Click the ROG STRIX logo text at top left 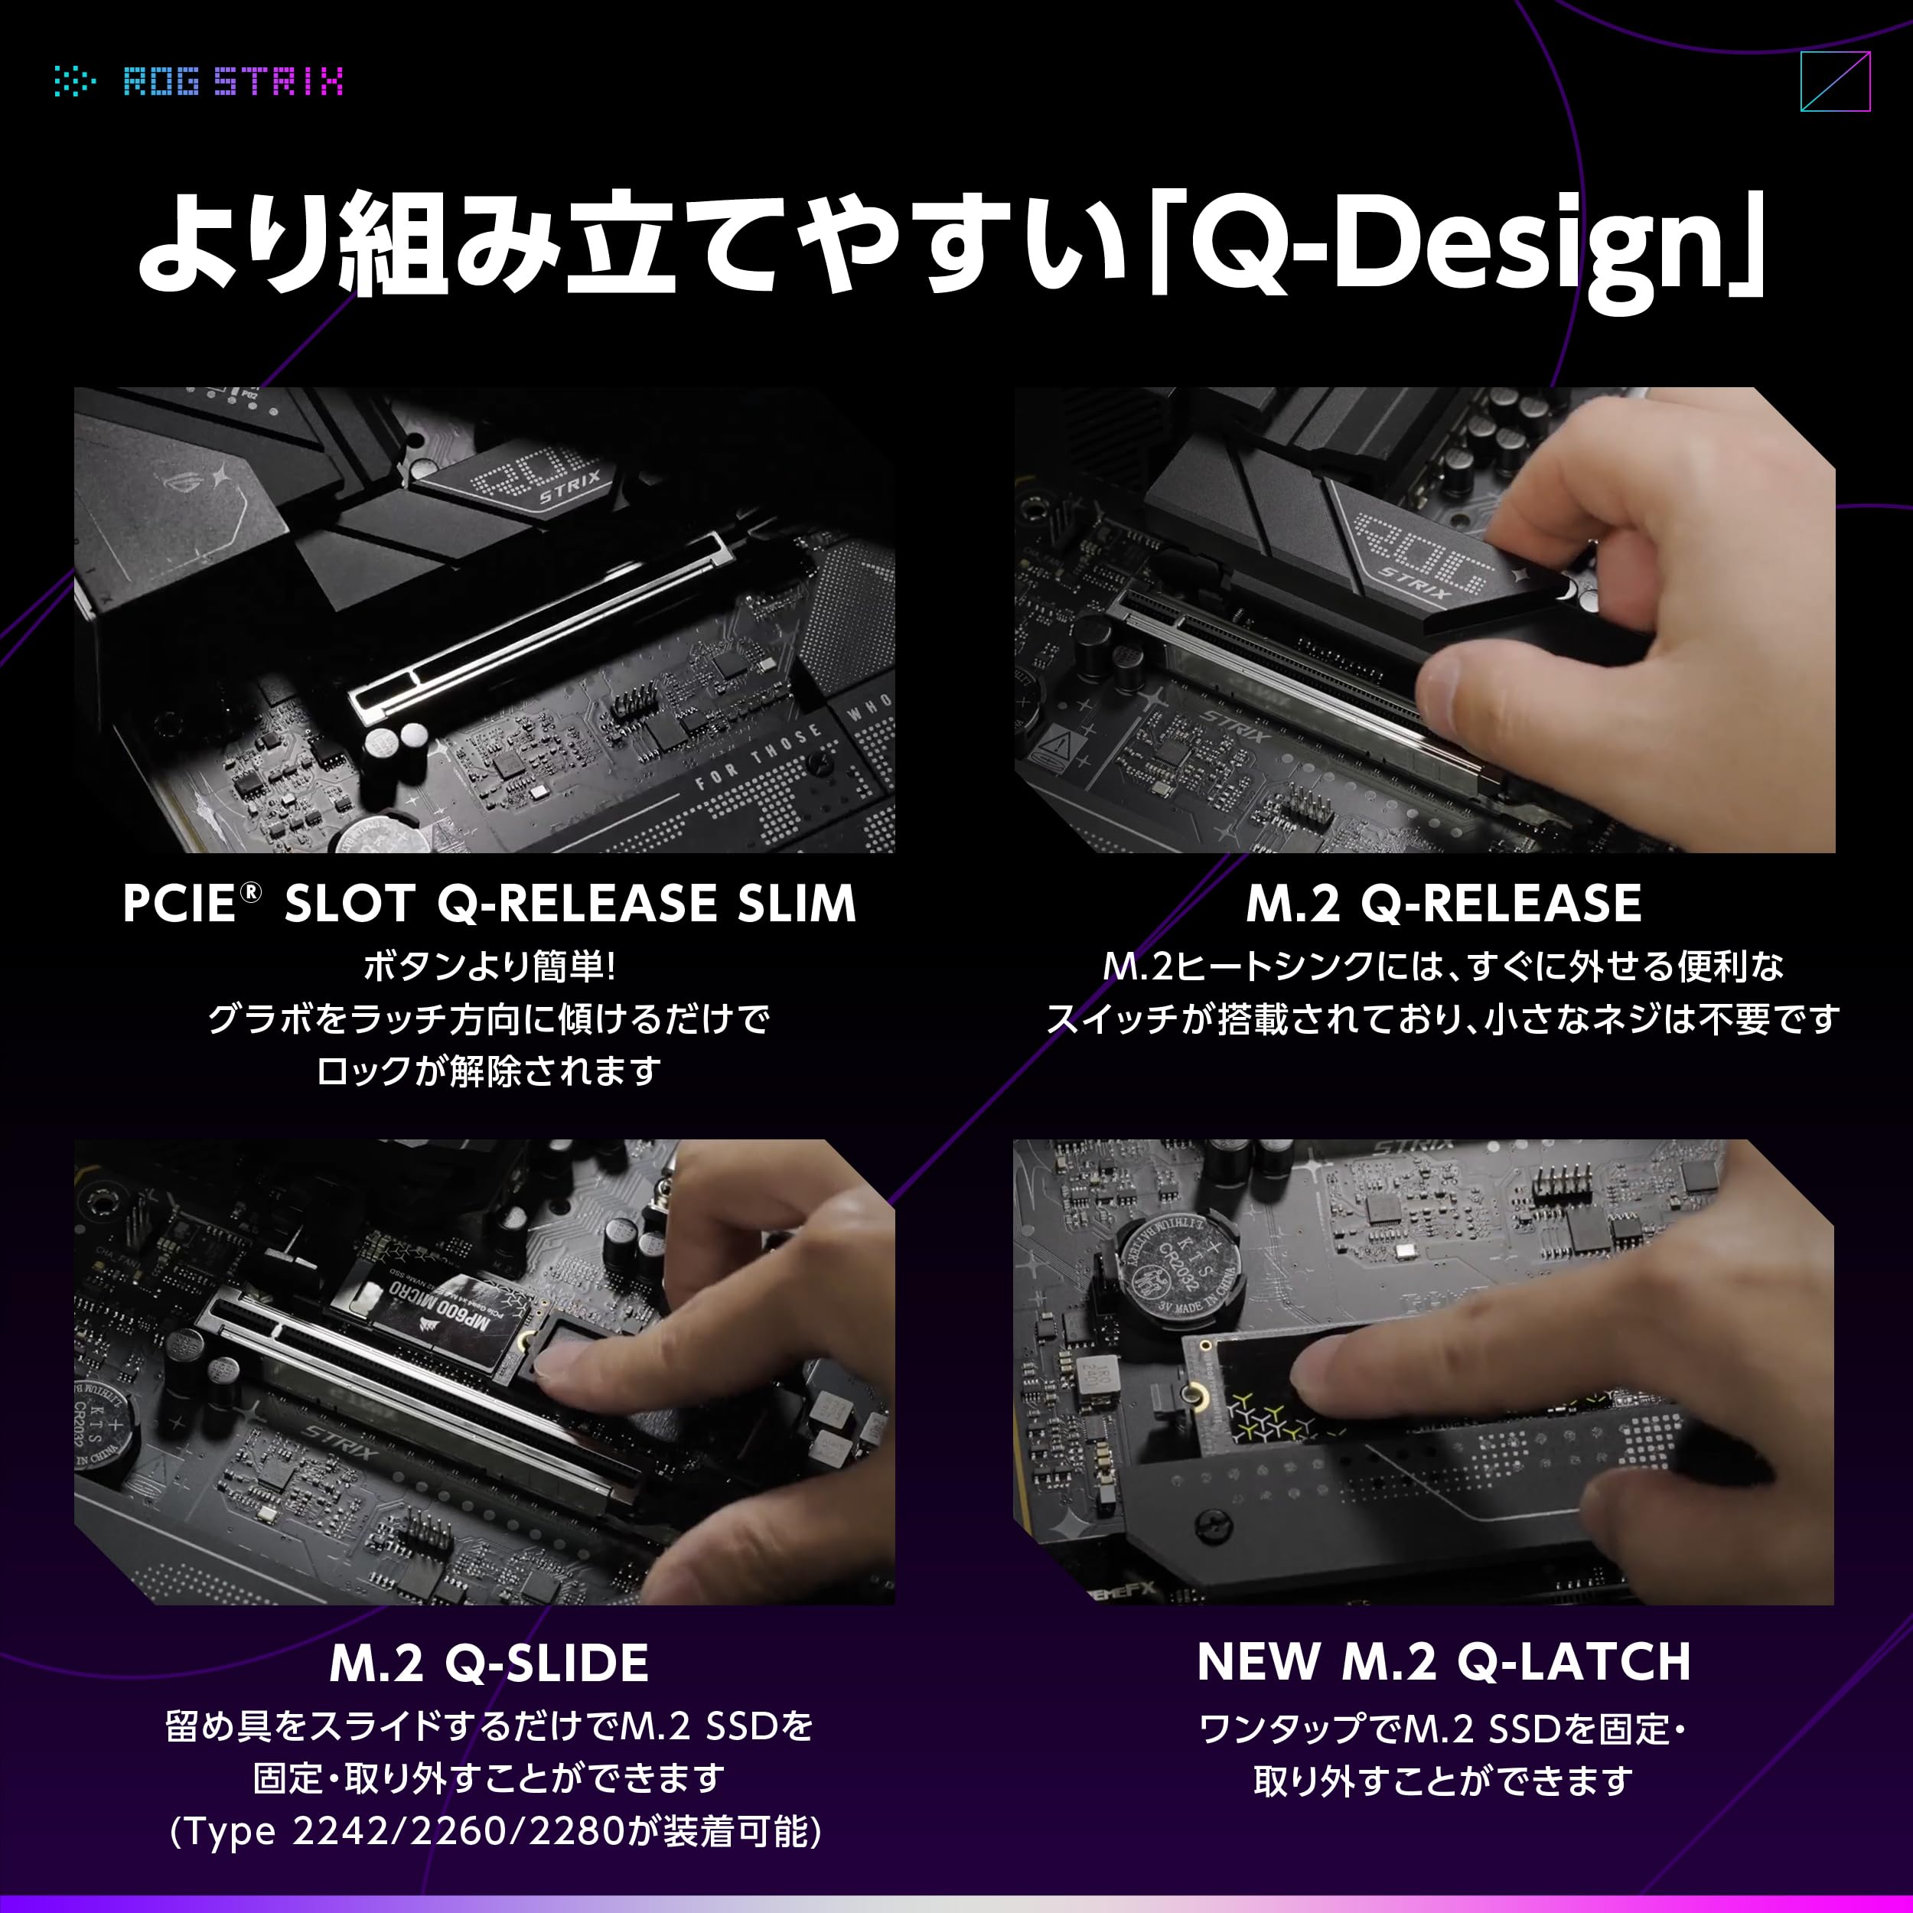coord(233,81)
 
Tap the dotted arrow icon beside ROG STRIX coord(74,81)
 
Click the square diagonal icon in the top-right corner coord(1836,81)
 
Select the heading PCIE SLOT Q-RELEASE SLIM coord(489,902)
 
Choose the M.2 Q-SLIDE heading coord(489,1663)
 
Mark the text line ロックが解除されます coord(489,1071)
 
